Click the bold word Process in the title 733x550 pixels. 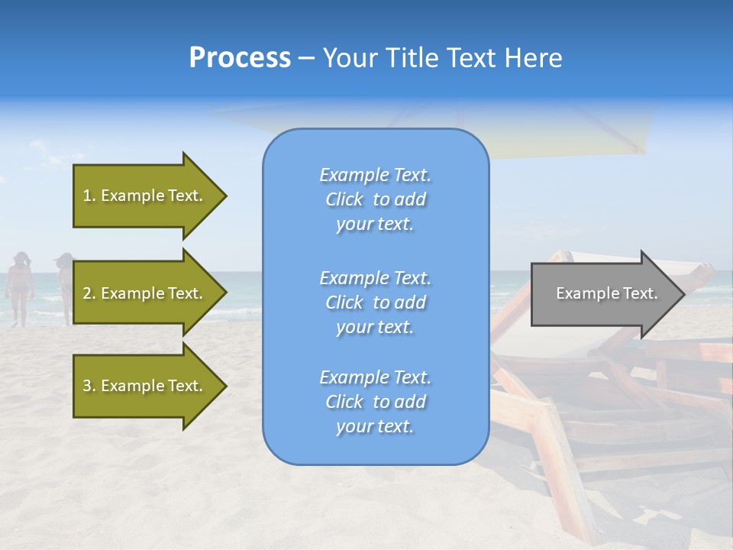pos(240,58)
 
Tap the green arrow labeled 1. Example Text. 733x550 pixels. pos(143,196)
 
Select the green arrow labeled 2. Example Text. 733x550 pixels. pos(143,293)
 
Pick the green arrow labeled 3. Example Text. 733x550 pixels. pos(143,386)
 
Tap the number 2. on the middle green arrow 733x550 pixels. pos(89,293)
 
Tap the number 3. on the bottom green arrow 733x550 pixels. pos(89,386)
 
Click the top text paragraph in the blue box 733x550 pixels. pos(375,199)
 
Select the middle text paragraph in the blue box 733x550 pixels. pos(375,302)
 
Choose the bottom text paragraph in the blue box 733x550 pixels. pos(375,402)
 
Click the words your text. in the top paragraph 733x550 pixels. pos(375,225)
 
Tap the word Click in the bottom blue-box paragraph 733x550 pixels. pos(344,402)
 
